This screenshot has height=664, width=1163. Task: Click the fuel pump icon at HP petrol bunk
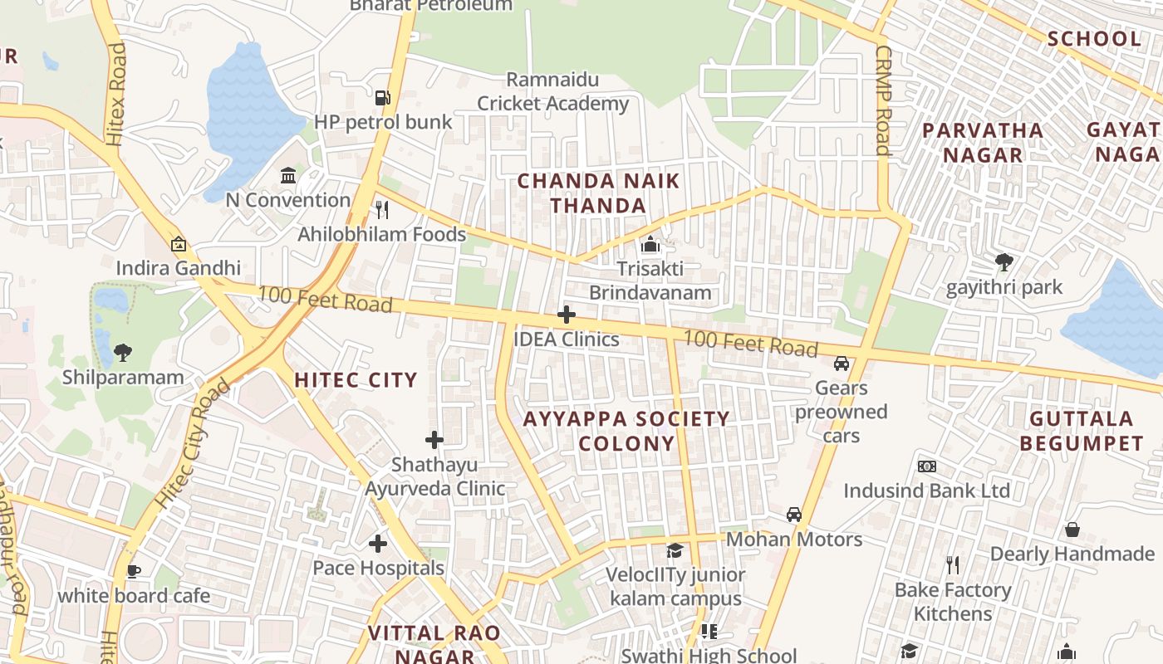coord(382,98)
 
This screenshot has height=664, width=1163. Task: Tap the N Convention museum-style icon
coord(288,175)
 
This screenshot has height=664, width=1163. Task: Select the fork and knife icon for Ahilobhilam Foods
coord(382,209)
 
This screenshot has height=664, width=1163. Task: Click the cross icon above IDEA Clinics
coord(567,315)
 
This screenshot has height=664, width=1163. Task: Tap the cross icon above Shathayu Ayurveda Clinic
coord(434,440)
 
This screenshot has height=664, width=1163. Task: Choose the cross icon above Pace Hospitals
coord(378,544)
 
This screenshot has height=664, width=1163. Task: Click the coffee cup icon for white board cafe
coord(133,571)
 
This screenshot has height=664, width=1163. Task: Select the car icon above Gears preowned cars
coord(842,364)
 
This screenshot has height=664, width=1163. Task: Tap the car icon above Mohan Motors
coord(794,515)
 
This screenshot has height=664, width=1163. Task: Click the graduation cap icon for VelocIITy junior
coord(675,550)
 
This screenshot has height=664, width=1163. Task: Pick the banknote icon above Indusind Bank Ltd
coord(927,466)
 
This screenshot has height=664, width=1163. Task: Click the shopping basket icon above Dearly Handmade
coord(1072,530)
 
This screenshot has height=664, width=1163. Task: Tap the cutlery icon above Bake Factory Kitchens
coord(953,566)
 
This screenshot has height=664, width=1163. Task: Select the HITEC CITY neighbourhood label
coord(356,380)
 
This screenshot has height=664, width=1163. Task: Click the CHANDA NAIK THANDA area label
coord(598,193)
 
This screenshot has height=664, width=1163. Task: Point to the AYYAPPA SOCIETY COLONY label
coord(626,431)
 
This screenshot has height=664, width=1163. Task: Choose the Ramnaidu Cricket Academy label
coord(552,92)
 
